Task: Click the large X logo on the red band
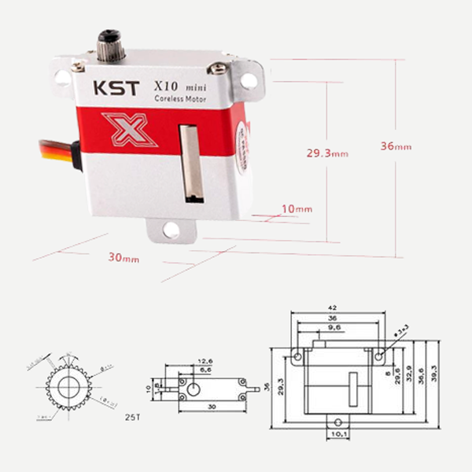point(129,129)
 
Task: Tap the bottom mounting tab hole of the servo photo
point(171,230)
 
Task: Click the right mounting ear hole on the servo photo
point(248,79)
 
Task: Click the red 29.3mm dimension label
point(326,153)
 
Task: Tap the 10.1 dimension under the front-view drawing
point(339,432)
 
